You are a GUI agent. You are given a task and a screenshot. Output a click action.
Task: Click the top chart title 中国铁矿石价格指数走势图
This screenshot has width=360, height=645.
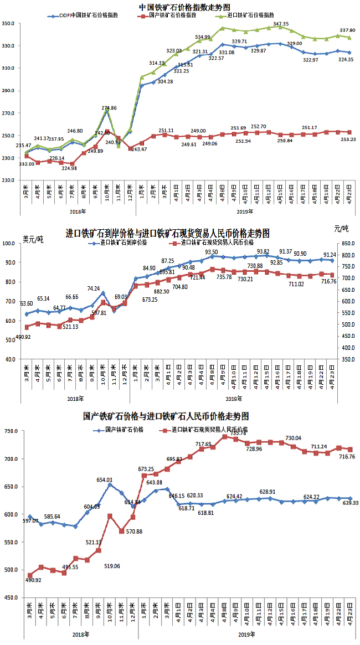[x=181, y=7]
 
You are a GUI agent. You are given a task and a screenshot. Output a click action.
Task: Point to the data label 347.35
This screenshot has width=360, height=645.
[x=281, y=24]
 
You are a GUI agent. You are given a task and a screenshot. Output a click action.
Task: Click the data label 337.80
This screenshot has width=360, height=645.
[x=347, y=30]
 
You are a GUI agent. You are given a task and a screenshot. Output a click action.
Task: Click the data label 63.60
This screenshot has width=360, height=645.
[x=26, y=303]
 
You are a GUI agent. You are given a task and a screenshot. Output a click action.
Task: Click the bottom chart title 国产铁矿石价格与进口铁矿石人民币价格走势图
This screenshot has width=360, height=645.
[x=166, y=416]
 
